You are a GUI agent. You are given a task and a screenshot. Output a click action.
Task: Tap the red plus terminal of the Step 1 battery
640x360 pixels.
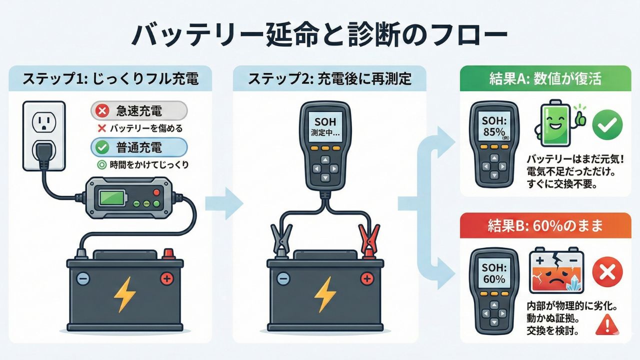tap(166, 278)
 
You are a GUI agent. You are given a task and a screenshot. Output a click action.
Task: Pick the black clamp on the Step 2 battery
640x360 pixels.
tap(281, 240)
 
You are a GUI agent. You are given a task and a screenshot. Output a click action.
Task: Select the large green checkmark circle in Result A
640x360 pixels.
tap(607, 124)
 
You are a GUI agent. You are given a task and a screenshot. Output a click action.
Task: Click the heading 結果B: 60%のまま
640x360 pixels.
tap(546, 225)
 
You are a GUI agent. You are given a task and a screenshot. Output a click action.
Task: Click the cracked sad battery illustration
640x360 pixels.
tap(556, 273)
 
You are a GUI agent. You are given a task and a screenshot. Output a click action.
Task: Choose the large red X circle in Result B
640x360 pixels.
tap(606, 273)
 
